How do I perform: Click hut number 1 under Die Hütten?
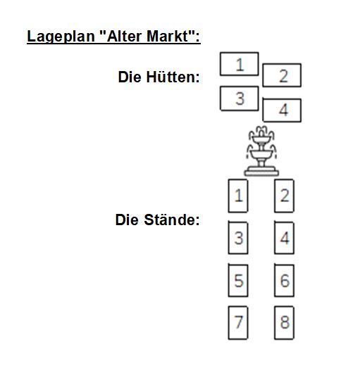coord(239,64)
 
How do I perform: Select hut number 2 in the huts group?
coord(282,75)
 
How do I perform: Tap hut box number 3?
coord(239,99)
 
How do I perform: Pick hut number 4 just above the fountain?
coord(282,110)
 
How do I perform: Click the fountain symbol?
coord(261,151)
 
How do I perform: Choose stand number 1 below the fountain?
coord(238,196)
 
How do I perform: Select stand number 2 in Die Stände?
coord(284,196)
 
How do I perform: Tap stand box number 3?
coord(238,238)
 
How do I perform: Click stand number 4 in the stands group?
coord(284,238)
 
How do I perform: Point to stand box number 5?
coord(238,280)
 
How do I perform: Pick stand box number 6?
coord(284,280)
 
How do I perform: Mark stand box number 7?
coord(238,322)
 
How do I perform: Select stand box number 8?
coord(284,322)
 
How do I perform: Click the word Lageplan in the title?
coord(61,37)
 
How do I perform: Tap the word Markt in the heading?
coord(168,36)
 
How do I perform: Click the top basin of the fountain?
coord(261,139)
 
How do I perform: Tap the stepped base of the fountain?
coord(261,171)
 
